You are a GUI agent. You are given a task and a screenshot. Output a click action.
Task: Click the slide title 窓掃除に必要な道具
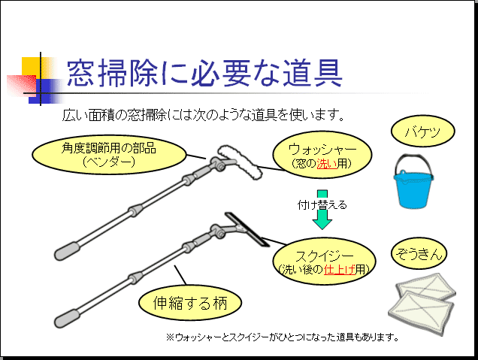pos(204,73)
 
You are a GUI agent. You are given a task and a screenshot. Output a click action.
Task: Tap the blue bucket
pos(413,183)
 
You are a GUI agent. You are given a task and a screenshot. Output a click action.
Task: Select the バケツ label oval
pos(423,132)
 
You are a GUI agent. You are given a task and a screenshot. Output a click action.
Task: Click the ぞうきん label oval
pos(419,253)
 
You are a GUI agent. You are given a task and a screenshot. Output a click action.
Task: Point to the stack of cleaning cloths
pos(422,304)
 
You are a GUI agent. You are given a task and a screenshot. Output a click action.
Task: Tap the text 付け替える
pos(322,205)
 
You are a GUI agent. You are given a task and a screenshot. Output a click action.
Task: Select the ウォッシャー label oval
pos(322,155)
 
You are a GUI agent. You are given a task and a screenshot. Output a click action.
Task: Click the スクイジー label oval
pos(324,262)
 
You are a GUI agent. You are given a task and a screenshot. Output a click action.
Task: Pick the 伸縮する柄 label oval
pos(190,303)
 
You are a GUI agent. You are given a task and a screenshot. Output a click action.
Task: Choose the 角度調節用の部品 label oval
pos(109,155)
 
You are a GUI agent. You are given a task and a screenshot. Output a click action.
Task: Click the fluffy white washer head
pos(240,162)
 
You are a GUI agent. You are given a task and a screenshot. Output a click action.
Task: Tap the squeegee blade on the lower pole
pos(247,229)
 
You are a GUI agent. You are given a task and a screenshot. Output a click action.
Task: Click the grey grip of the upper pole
pos(67,251)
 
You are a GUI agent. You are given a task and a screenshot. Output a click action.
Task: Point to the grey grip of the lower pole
pos(67,319)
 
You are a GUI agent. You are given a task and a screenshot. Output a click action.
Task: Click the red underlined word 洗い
pos(327,164)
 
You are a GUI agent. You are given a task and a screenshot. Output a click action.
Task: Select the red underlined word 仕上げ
pos(340,270)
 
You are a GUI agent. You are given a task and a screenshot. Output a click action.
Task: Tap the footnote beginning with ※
pos(283,337)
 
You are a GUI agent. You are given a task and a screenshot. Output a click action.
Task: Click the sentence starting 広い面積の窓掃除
pos(204,115)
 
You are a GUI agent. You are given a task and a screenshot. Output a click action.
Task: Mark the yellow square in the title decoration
pos(31,66)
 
